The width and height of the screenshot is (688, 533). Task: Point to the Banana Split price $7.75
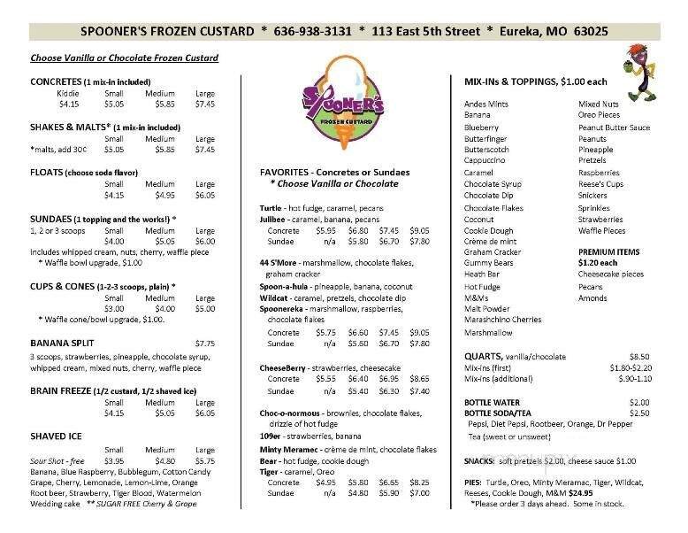204,343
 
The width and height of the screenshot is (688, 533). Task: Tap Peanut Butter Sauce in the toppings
614,127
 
